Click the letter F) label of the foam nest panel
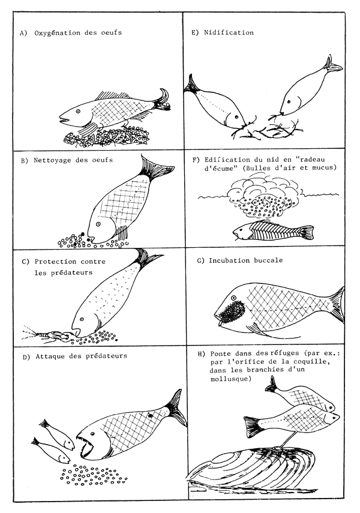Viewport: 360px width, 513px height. coord(195,161)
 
